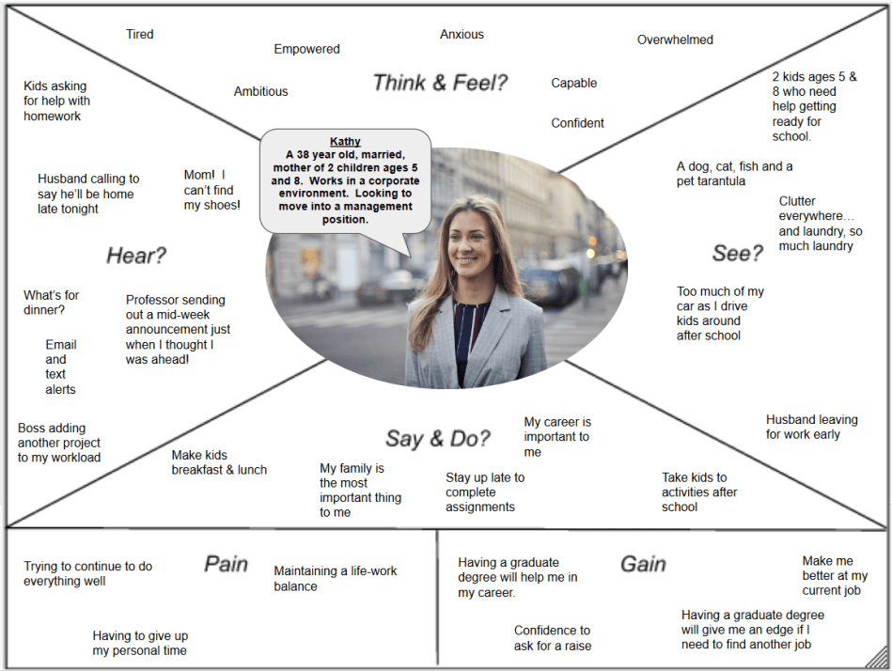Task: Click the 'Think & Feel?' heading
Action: (440, 83)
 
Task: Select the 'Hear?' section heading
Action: (136, 256)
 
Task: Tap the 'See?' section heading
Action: (738, 253)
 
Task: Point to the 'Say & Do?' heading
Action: (437, 439)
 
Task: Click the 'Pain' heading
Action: (227, 564)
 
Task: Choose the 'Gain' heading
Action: (643, 564)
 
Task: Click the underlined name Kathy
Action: (345, 141)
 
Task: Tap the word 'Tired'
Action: (140, 35)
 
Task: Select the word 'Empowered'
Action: (306, 49)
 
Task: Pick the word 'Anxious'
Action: (462, 35)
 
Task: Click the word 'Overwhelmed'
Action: (675, 39)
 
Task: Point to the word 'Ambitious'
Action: (260, 91)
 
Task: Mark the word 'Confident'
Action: (577, 123)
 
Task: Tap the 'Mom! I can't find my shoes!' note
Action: (211, 189)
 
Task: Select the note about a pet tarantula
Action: (734, 174)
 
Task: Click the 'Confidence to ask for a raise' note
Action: (553, 638)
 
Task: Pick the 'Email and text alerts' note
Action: (60, 367)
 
